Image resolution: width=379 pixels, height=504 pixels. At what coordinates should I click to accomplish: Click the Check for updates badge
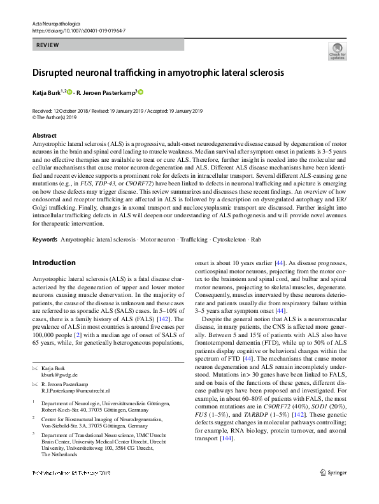click(337, 52)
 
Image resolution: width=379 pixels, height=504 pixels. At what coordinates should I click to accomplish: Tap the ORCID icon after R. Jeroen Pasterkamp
click(141, 92)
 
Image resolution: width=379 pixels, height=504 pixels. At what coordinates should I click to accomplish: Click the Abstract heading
click(44, 136)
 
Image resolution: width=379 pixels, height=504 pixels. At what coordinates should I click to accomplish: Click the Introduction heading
click(54, 263)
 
